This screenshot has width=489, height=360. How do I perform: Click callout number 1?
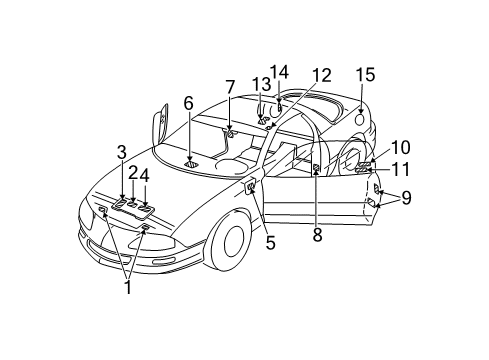coord(126,286)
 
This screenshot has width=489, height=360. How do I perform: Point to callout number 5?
coord(270,240)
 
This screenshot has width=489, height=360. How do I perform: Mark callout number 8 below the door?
coord(317,236)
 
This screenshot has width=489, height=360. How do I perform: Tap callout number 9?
coord(405,198)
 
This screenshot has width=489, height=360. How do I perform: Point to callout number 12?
coord(321,75)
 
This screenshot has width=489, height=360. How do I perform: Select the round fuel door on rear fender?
coord(358,119)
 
